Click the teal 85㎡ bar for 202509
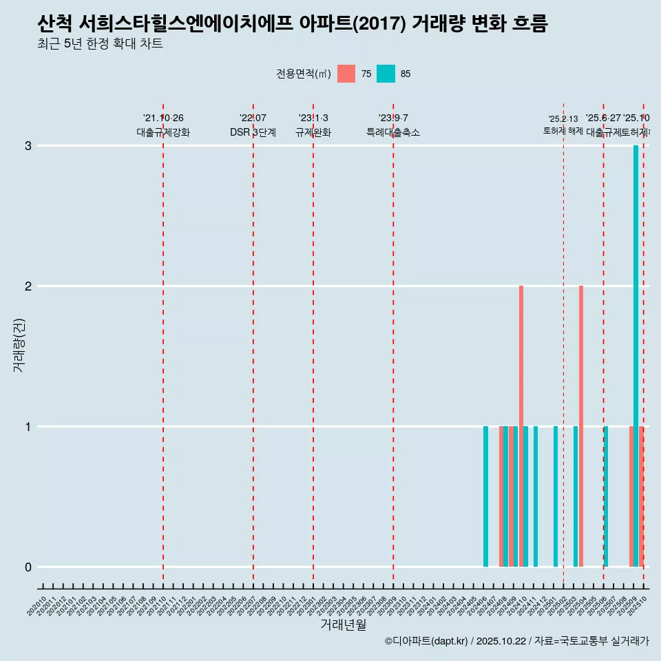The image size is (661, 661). coord(636,355)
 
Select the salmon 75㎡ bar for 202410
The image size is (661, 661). coord(521,426)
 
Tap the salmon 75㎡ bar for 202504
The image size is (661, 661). coord(581,426)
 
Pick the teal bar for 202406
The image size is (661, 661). coord(485,496)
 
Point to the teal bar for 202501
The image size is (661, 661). coord(556,496)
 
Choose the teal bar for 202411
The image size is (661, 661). coord(536,496)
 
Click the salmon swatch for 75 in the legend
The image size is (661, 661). coord(346,74)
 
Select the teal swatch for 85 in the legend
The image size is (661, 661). coord(386,74)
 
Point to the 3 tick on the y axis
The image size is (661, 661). coord(28,146)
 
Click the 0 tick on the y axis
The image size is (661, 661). coord(28,567)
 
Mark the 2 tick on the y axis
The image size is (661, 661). coord(28,286)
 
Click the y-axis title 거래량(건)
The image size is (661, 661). coord(19,344)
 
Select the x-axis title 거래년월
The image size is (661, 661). coord(343,625)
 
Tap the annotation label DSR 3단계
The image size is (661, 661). coord(253,133)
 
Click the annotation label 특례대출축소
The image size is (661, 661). coord(392,133)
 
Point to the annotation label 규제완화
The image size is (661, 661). coord(313,133)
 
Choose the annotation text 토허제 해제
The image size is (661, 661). coord(563,131)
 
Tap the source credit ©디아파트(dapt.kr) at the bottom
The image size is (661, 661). coord(427,641)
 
